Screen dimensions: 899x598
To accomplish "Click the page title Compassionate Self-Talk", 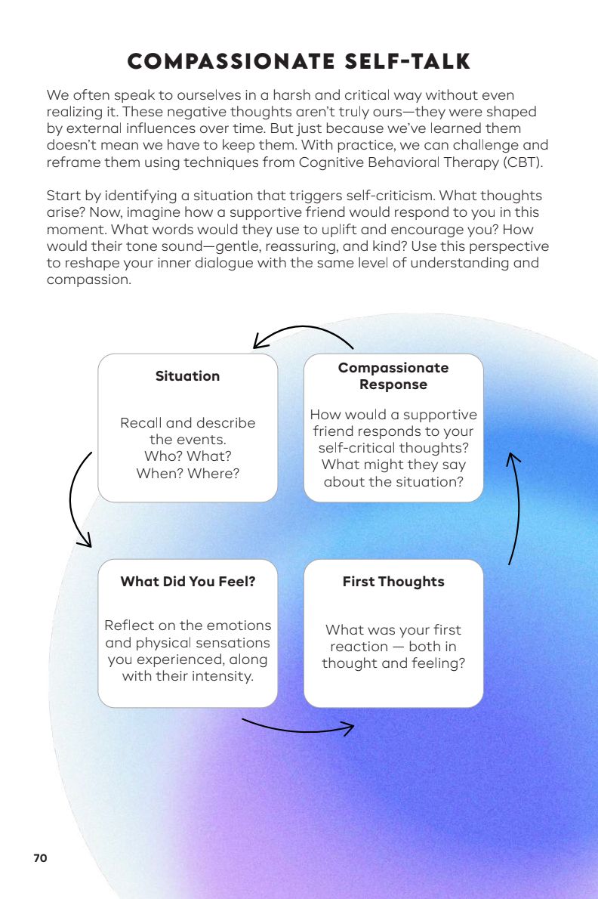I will [299, 61].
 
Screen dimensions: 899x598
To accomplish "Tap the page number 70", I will [40, 858].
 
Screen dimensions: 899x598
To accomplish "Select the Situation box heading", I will [187, 376].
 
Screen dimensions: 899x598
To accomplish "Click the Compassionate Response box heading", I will [393, 376].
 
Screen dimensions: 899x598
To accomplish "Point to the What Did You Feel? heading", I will [187, 582].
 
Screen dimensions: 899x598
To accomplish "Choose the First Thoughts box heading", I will [393, 582].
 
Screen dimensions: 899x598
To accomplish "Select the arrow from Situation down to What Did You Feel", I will [76, 499].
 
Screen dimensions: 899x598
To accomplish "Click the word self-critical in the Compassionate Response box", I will [358, 448].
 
